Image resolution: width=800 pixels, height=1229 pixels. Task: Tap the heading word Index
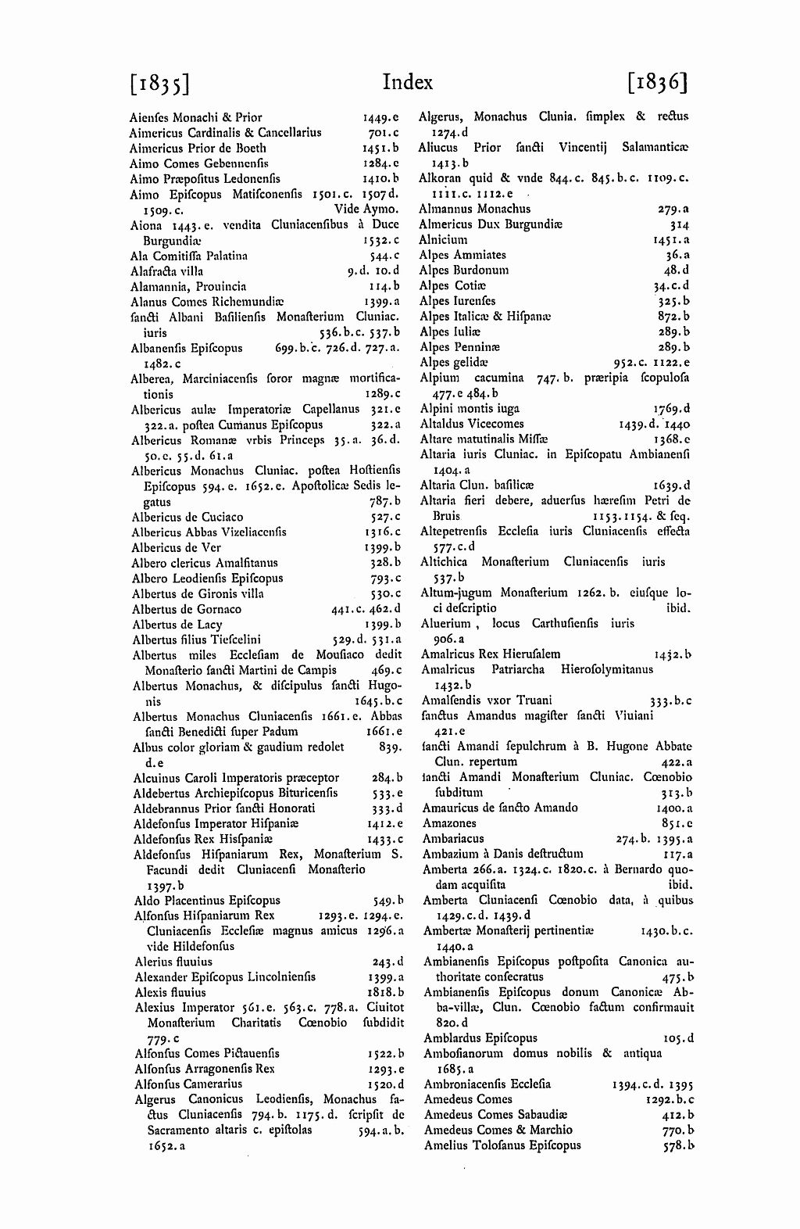[x=408, y=82]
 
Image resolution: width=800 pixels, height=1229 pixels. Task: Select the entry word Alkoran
[x=441, y=178]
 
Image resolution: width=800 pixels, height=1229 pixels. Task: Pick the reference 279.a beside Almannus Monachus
[x=674, y=209]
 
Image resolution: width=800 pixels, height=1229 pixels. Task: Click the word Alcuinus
[x=157, y=778]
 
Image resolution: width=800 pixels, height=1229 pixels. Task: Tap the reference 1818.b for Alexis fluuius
[x=385, y=992]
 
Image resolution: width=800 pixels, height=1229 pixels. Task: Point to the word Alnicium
[x=443, y=239]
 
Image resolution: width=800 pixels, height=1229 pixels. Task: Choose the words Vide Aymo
[x=366, y=210]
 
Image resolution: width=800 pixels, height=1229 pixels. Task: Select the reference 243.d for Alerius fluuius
[x=388, y=962]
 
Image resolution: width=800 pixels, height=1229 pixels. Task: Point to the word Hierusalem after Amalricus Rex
[x=530, y=654]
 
